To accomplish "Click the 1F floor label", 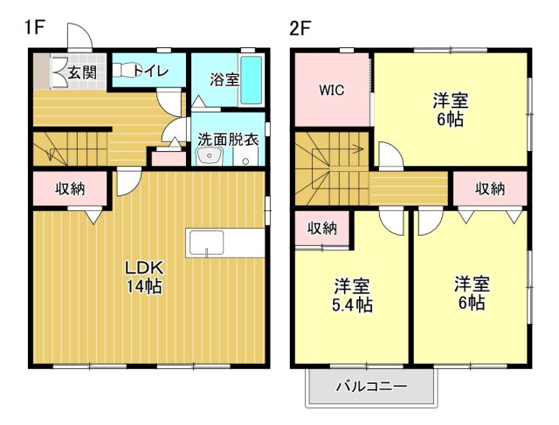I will (34, 27).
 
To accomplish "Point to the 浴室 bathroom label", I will (224, 79).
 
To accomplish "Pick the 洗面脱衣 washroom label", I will (227, 139).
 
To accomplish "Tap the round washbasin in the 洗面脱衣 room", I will (210, 156).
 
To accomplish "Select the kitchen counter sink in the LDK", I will (208, 243).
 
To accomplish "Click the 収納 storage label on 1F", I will (71, 189).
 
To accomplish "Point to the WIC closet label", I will (331, 90).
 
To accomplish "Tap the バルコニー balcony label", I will (371, 386).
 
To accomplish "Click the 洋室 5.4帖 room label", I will (352, 295).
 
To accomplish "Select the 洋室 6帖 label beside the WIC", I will (449, 108).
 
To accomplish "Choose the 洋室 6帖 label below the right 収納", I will (471, 293).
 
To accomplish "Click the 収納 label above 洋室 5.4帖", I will (322, 229).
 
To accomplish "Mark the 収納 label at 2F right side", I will (490, 189).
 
